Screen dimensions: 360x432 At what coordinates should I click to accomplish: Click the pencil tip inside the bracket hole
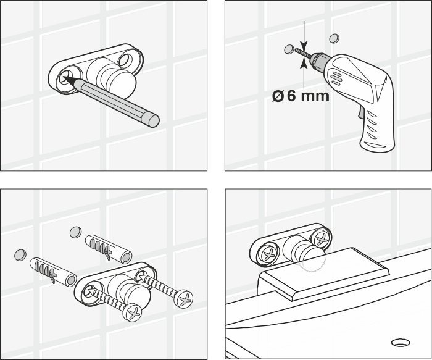coord(67,78)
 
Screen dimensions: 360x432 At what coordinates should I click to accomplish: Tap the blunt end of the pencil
coord(152,118)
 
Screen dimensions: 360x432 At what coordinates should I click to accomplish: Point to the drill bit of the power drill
coord(302,53)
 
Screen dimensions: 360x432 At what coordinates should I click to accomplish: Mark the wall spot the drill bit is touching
coord(289,48)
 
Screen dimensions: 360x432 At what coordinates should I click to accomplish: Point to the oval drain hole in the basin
coord(401,340)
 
